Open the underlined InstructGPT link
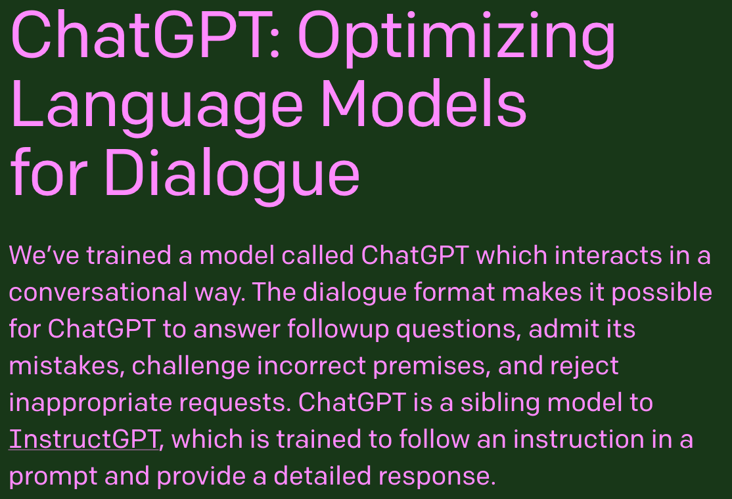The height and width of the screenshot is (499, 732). [84, 439]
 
